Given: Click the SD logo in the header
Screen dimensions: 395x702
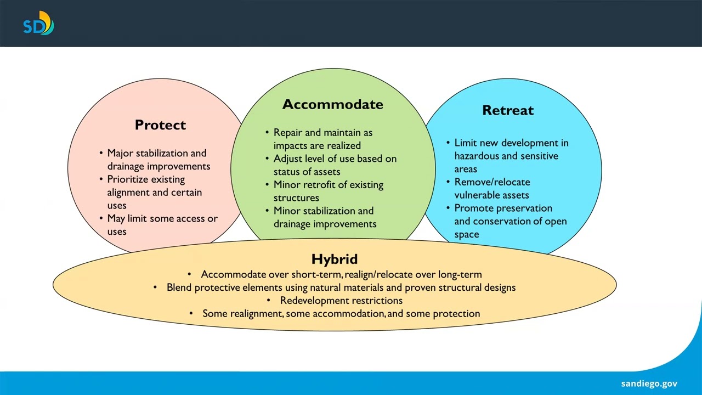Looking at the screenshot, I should click(x=38, y=25).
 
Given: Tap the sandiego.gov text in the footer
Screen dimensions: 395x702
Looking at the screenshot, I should click(x=649, y=383).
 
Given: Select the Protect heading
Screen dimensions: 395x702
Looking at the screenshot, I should click(x=160, y=125).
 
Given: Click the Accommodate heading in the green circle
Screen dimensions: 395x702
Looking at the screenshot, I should click(x=332, y=104).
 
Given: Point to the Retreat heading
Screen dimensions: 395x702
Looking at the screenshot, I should click(x=507, y=110).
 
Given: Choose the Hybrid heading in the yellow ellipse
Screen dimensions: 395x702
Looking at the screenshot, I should click(x=334, y=259).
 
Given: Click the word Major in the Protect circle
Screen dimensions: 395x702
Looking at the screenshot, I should click(x=120, y=153).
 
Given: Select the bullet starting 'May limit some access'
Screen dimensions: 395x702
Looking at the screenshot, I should click(x=162, y=218).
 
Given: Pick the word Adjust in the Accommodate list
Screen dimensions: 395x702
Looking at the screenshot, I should click(x=287, y=159).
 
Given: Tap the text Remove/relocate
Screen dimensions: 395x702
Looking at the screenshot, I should click(x=492, y=182).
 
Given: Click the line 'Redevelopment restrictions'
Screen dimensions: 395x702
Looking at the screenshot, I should click(x=341, y=301).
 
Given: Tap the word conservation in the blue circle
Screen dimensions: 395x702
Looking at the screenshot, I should click(x=499, y=222).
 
